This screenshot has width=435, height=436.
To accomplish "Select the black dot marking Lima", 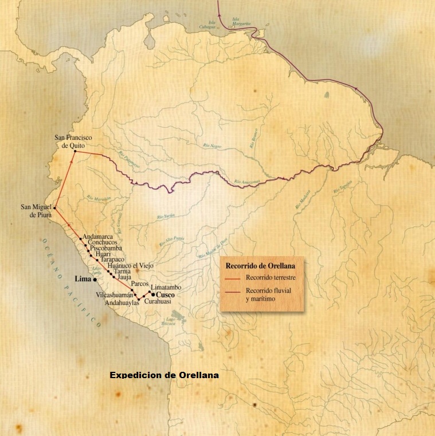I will (x=95, y=280).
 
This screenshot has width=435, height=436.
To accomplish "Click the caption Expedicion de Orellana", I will (x=164, y=375).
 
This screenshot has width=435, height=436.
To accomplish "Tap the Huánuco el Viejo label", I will (x=131, y=265).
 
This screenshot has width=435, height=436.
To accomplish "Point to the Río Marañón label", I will (x=99, y=198).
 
